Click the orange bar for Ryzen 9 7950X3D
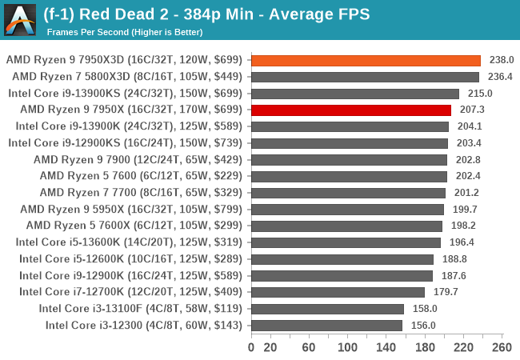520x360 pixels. tap(366, 60)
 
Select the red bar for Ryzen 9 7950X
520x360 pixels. tap(351, 110)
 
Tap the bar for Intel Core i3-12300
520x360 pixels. tap(326, 325)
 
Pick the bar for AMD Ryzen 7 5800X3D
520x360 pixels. tap(365, 77)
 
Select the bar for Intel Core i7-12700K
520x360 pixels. tap(338, 292)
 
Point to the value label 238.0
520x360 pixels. tap(501, 60)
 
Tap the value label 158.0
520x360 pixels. tap(424, 309)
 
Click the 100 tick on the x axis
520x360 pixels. tap(348, 347)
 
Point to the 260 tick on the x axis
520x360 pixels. tap(502, 347)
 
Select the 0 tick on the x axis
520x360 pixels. tap(251, 347)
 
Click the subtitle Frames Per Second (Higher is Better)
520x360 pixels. tap(125, 33)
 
